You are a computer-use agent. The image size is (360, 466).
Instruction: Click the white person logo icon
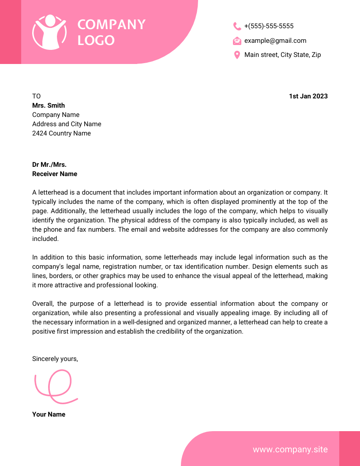click(49, 32)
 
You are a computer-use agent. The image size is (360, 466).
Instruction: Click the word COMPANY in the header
click(111, 25)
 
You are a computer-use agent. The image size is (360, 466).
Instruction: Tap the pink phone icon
click(237, 26)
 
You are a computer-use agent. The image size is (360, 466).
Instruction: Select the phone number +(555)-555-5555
click(269, 26)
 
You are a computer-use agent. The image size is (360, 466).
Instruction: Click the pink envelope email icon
click(237, 41)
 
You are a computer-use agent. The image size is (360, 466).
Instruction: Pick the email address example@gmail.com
click(275, 41)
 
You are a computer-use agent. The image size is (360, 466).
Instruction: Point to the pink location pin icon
click(237, 55)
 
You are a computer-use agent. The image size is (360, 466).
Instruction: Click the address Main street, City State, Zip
click(282, 55)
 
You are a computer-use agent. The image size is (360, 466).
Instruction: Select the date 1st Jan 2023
click(308, 96)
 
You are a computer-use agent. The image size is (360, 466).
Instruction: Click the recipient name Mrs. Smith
click(49, 105)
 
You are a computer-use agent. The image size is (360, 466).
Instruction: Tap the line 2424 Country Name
click(61, 133)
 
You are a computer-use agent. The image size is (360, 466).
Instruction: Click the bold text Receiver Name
click(55, 174)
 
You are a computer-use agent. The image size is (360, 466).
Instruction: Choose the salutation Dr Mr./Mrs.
click(49, 165)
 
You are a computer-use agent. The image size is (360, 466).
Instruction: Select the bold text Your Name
click(49, 414)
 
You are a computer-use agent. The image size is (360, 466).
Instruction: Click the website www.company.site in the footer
click(290, 449)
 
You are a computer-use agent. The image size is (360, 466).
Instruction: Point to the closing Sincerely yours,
click(55, 359)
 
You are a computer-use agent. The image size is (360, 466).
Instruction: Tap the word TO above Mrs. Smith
click(36, 96)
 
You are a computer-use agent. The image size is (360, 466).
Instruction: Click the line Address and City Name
click(67, 124)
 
